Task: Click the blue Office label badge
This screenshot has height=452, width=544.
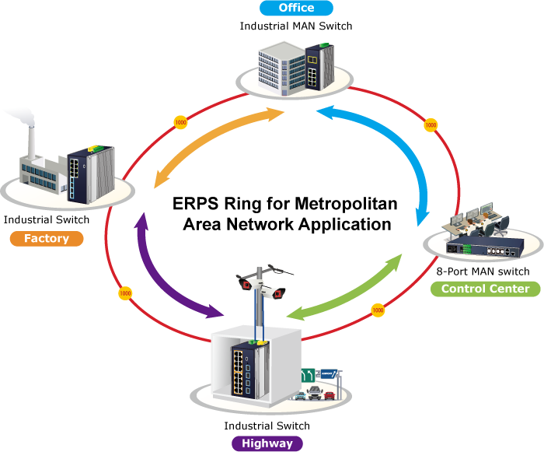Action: pos(295,9)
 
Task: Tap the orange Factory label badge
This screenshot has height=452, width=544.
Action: pos(46,239)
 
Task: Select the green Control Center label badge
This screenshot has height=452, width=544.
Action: pos(485,289)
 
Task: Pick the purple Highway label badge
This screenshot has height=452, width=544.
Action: pos(267,443)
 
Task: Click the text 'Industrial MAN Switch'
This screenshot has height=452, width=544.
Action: pos(295,26)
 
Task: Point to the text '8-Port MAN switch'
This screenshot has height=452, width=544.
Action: pos(483,272)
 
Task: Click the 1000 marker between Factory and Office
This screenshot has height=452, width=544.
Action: pos(180,122)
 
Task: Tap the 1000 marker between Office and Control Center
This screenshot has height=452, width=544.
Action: pos(430,124)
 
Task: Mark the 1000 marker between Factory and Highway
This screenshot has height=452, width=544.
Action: pos(124,294)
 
